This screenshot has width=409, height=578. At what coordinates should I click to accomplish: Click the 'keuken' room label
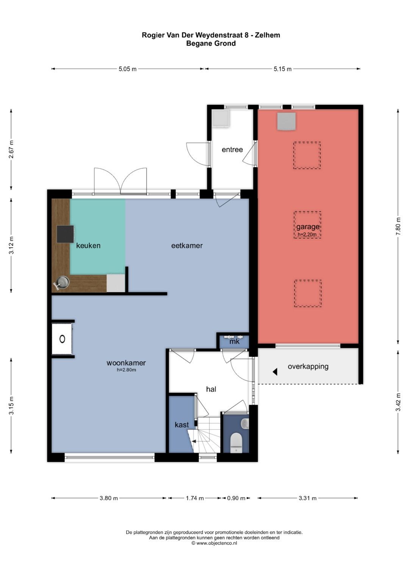tap(88, 245)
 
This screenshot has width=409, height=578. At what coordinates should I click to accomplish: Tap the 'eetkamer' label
tap(187, 245)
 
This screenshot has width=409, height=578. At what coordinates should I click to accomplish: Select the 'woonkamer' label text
tap(126, 363)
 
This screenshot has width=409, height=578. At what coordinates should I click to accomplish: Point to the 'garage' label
tap(308, 227)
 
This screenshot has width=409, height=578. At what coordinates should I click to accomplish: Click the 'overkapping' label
tap(308, 366)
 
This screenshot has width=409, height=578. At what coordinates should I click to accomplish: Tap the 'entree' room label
tap(233, 150)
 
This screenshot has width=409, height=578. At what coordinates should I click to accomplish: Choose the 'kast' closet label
tap(182, 424)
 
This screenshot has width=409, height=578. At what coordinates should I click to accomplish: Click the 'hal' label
tap(211, 389)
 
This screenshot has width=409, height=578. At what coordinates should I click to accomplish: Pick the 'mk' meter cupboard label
tap(234, 342)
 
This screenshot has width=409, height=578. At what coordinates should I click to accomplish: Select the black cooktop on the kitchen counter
tap(65, 234)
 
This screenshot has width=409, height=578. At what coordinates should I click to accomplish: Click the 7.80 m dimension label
tap(399, 226)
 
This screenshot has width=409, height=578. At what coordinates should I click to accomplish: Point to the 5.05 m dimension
tap(128, 69)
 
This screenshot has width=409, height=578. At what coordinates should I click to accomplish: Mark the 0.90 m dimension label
tap(236, 498)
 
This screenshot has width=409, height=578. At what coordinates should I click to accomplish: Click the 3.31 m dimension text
tap(308, 498)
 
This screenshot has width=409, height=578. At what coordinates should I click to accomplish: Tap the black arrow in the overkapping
tap(275, 372)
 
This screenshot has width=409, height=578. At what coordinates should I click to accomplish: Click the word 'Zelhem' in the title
tap(267, 35)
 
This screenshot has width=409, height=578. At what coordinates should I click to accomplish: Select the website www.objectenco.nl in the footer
tap(216, 543)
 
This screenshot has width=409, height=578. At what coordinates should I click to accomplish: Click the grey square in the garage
tap(286, 121)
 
